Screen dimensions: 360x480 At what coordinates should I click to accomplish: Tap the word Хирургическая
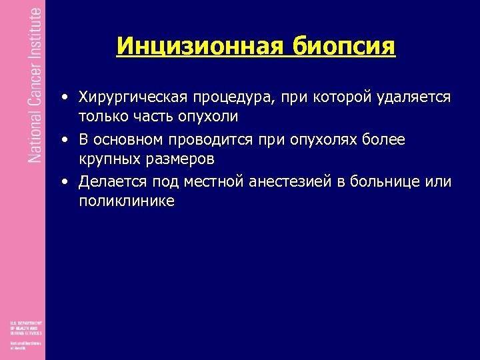tap(133, 97)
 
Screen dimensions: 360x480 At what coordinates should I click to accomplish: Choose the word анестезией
tap(289, 182)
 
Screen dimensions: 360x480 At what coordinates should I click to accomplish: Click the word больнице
tap(385, 182)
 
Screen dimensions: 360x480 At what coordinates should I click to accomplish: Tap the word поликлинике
tap(127, 201)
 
